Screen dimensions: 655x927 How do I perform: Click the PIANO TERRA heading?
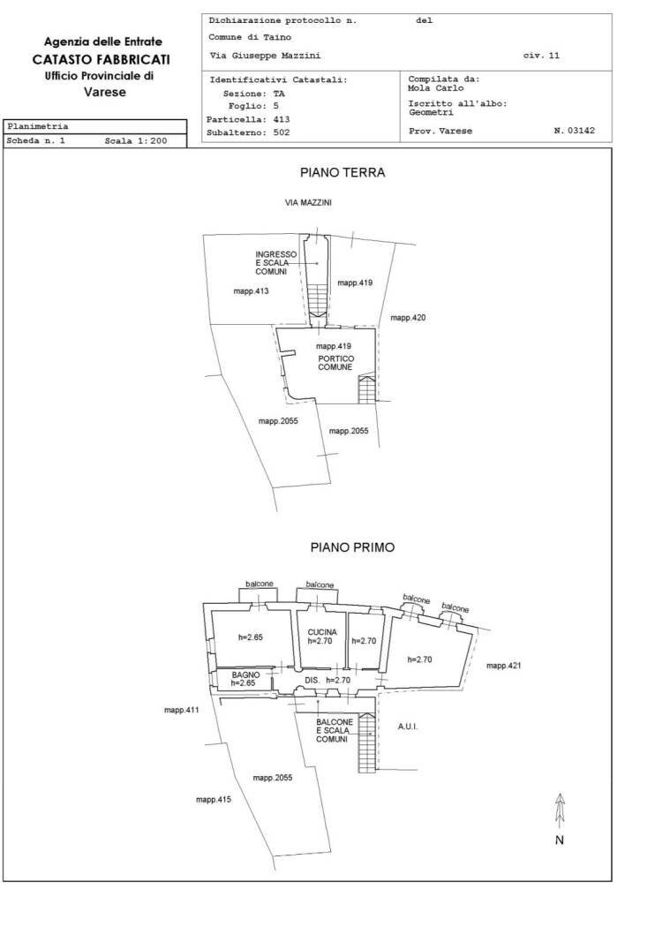pos(343,173)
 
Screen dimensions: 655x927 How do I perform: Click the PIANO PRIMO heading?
pos(352,547)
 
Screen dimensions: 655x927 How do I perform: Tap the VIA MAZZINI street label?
pos(308,203)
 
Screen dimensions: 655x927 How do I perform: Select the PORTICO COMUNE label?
pos(335,363)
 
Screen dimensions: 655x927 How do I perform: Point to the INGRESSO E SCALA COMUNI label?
pos(276,263)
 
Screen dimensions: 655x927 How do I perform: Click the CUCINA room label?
pos(322,632)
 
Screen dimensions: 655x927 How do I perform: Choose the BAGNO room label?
pos(246,675)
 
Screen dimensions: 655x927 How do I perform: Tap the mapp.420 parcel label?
pos(408,318)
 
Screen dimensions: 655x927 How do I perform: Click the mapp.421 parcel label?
pos(504,666)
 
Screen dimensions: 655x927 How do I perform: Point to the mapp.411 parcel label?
pos(182,710)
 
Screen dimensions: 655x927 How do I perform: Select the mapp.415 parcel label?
pos(214,800)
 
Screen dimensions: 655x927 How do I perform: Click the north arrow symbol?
pos(560,811)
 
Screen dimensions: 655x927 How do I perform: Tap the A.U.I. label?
pos(408,727)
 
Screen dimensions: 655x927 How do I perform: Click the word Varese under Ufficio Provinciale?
pos(105,92)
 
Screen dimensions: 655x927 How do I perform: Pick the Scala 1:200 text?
pos(136,141)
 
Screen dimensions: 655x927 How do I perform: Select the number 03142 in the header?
pos(581,131)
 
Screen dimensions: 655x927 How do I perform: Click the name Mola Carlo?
pos(436,88)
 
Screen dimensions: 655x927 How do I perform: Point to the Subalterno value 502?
pos(282,132)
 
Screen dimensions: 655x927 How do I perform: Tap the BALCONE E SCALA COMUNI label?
pos(335,731)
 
